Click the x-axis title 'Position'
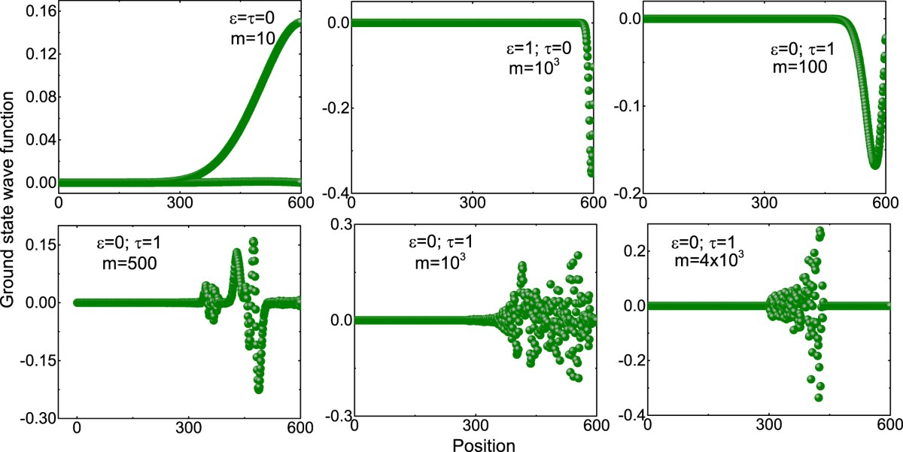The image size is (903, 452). click(484, 445)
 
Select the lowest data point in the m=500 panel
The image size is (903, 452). click(259, 389)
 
